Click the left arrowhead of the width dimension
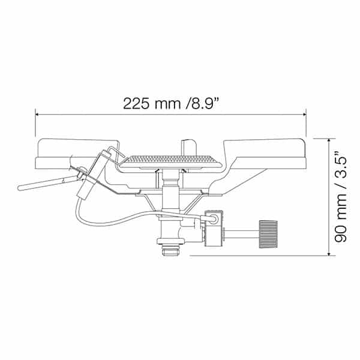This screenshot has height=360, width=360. (x=37, y=113)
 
